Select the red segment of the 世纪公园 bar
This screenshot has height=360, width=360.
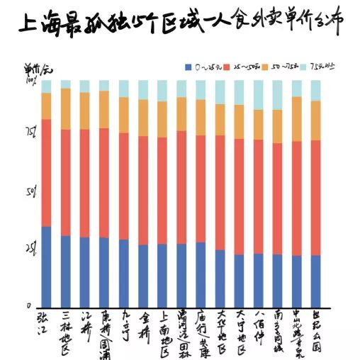pyautogui.click(x=315, y=198)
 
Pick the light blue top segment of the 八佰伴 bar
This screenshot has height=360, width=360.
pyautogui.click(x=258, y=95)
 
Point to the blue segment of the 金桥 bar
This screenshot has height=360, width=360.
pyautogui.click(x=143, y=276)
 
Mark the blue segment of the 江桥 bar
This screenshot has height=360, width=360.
pyautogui.click(x=84, y=272)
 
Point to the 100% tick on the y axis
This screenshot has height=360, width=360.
pyautogui.click(x=31, y=81)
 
